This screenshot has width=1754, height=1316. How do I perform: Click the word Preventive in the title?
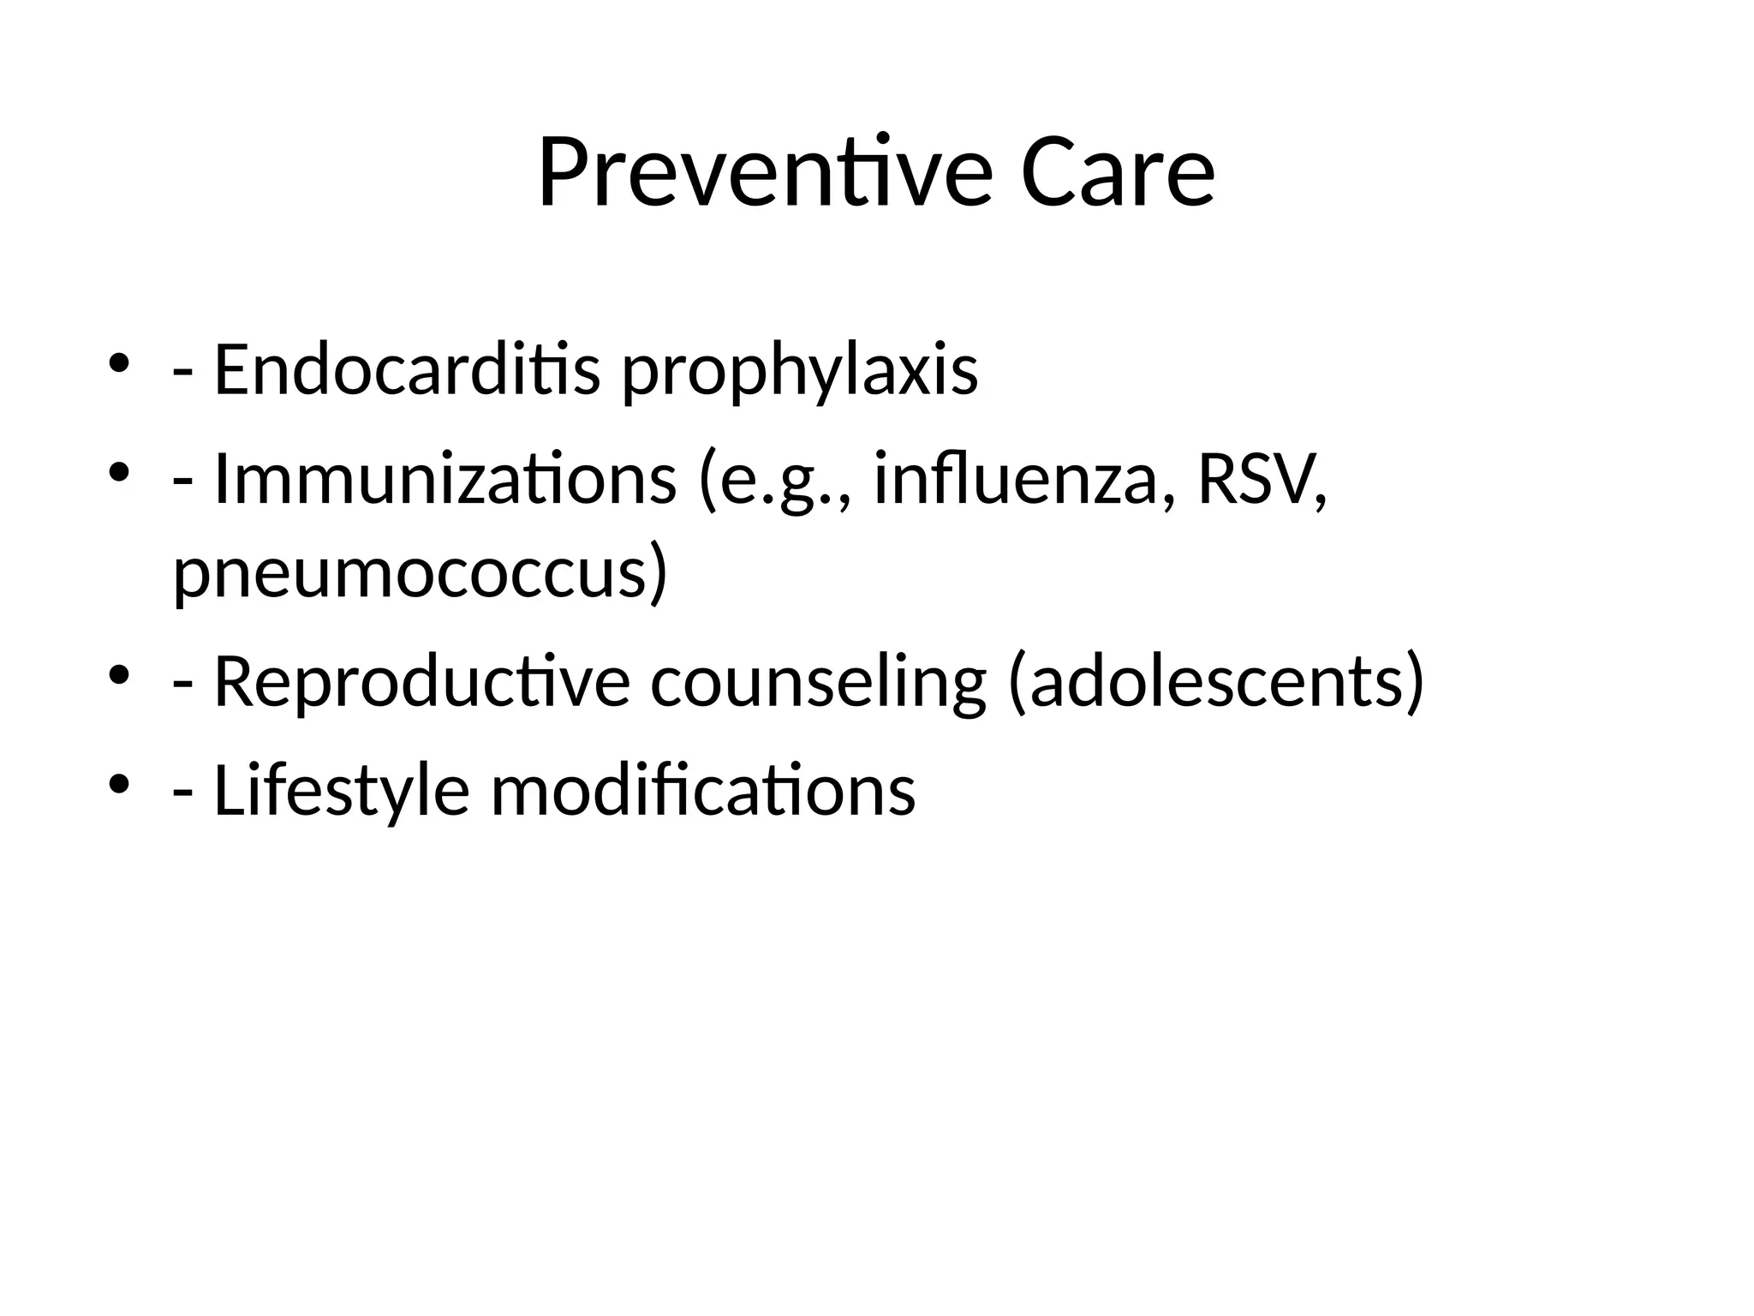(x=765, y=173)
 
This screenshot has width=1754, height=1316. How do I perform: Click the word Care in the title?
(x=1118, y=173)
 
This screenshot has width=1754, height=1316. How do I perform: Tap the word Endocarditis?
(x=407, y=370)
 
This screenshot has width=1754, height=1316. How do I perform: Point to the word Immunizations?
(x=444, y=480)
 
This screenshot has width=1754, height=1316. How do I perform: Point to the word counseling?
(x=819, y=684)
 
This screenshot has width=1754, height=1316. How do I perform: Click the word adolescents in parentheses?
(x=1217, y=682)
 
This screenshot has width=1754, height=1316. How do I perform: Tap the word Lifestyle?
(x=341, y=790)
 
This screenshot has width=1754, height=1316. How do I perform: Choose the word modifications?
(x=702, y=790)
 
